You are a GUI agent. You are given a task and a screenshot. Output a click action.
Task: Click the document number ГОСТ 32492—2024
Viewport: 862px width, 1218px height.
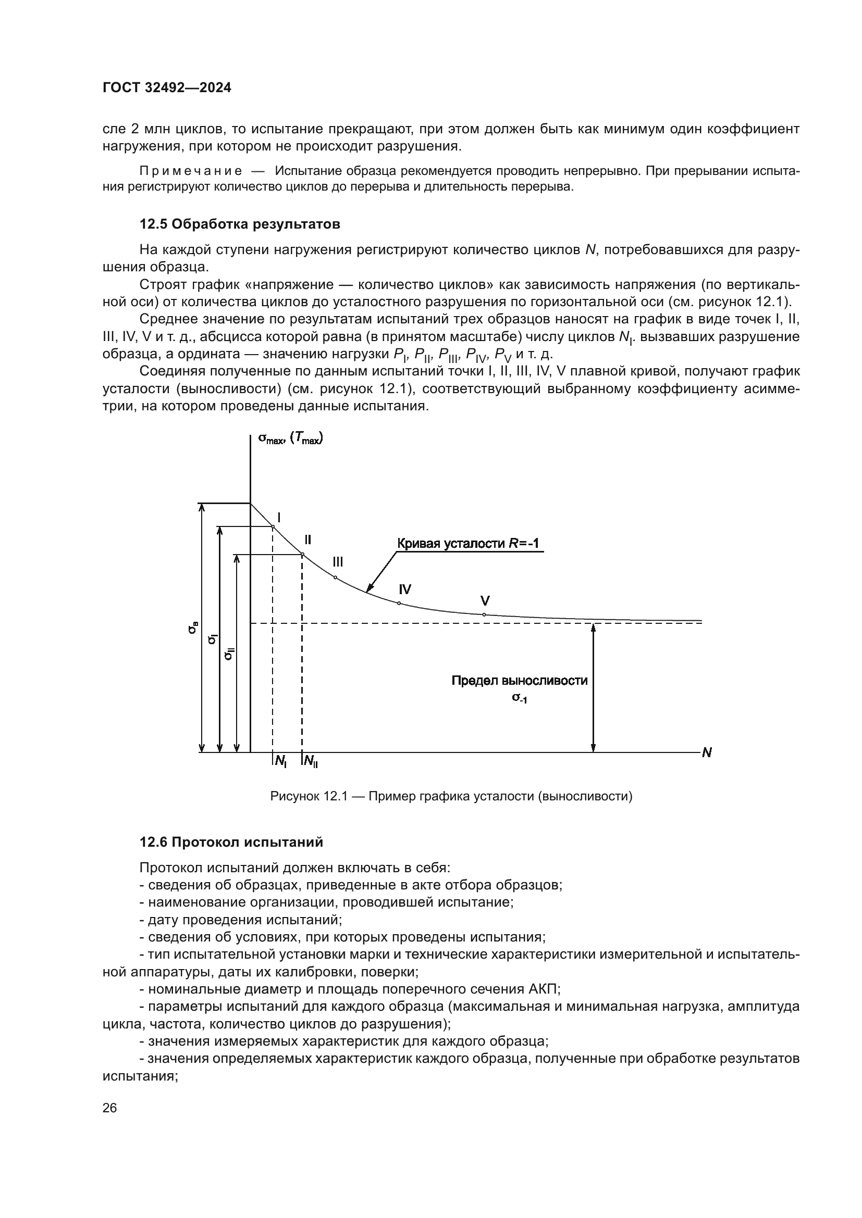(167, 88)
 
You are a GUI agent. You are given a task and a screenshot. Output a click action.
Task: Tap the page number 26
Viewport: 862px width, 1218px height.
(110, 1108)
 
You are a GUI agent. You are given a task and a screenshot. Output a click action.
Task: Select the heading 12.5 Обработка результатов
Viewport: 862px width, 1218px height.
(239, 224)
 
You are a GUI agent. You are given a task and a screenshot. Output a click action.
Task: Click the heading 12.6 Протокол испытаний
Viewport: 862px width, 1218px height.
(231, 843)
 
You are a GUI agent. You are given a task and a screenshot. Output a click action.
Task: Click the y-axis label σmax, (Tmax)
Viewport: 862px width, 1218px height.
(291, 438)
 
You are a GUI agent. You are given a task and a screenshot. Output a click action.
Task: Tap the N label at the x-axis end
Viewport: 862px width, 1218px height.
(707, 753)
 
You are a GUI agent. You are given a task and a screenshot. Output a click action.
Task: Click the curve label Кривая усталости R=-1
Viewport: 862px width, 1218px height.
(468, 544)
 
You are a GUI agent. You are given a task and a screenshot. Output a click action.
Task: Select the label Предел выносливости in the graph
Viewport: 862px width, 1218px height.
(519, 681)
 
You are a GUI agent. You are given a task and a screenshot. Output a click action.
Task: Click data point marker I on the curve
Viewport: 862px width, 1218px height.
(273, 526)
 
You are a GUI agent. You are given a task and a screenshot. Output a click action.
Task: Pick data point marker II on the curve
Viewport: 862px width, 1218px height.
(303, 555)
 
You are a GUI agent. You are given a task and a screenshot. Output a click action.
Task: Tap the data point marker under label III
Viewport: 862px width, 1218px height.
(336, 577)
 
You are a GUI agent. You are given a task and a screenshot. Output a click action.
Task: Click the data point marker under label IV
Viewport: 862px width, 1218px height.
(399, 603)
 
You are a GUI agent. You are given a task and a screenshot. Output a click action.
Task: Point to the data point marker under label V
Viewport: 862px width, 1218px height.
(484, 614)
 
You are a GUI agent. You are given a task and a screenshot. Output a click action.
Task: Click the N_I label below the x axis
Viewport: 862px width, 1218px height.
(280, 761)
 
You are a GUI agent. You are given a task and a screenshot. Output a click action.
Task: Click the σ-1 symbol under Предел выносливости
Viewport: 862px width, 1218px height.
(519, 698)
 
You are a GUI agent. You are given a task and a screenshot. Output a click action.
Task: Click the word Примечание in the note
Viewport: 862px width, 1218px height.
(191, 171)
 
